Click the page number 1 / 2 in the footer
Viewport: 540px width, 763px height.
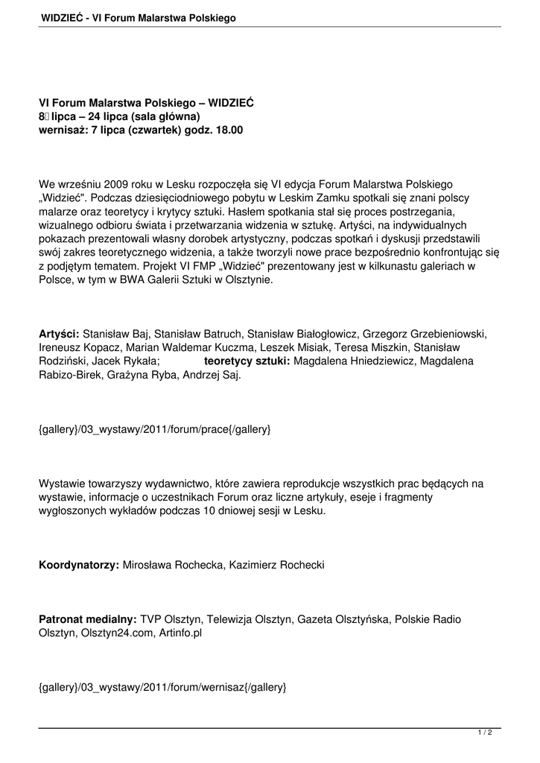point(485,733)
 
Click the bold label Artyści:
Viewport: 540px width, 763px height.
point(59,334)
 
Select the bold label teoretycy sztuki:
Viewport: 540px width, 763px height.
point(247,361)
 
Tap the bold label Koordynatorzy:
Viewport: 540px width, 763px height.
point(79,565)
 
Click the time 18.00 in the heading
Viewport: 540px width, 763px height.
point(228,130)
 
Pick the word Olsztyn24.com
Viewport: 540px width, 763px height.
point(109,633)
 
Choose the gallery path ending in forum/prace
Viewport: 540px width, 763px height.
point(154,429)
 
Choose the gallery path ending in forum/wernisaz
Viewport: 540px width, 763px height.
point(162,687)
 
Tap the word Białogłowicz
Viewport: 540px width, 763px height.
point(311,334)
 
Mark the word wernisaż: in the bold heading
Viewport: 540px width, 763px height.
point(63,130)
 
